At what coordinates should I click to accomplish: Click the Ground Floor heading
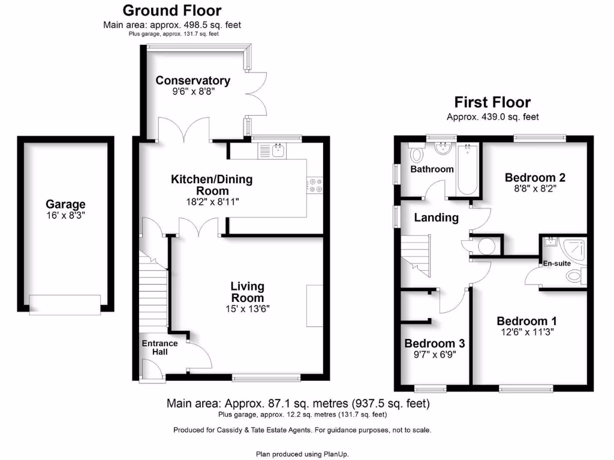pyautogui.click(x=172, y=11)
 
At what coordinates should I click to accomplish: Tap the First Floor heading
pyautogui.click(x=492, y=102)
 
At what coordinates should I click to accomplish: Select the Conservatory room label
pyautogui.click(x=192, y=81)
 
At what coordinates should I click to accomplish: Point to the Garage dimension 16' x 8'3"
pyautogui.click(x=66, y=216)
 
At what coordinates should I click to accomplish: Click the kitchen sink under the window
pyautogui.click(x=277, y=150)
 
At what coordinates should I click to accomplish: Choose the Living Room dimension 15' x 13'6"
pyautogui.click(x=247, y=310)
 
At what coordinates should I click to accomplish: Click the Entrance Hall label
pyautogui.click(x=159, y=347)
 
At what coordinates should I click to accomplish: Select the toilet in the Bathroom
pyautogui.click(x=417, y=155)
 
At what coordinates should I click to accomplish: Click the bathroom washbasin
pyautogui.click(x=442, y=148)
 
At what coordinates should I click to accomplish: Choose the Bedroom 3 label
pyautogui.click(x=434, y=344)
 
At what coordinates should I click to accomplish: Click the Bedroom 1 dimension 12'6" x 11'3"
pyautogui.click(x=522, y=332)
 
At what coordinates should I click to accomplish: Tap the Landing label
pyautogui.click(x=436, y=218)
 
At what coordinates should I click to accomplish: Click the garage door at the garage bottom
pyautogui.click(x=65, y=304)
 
